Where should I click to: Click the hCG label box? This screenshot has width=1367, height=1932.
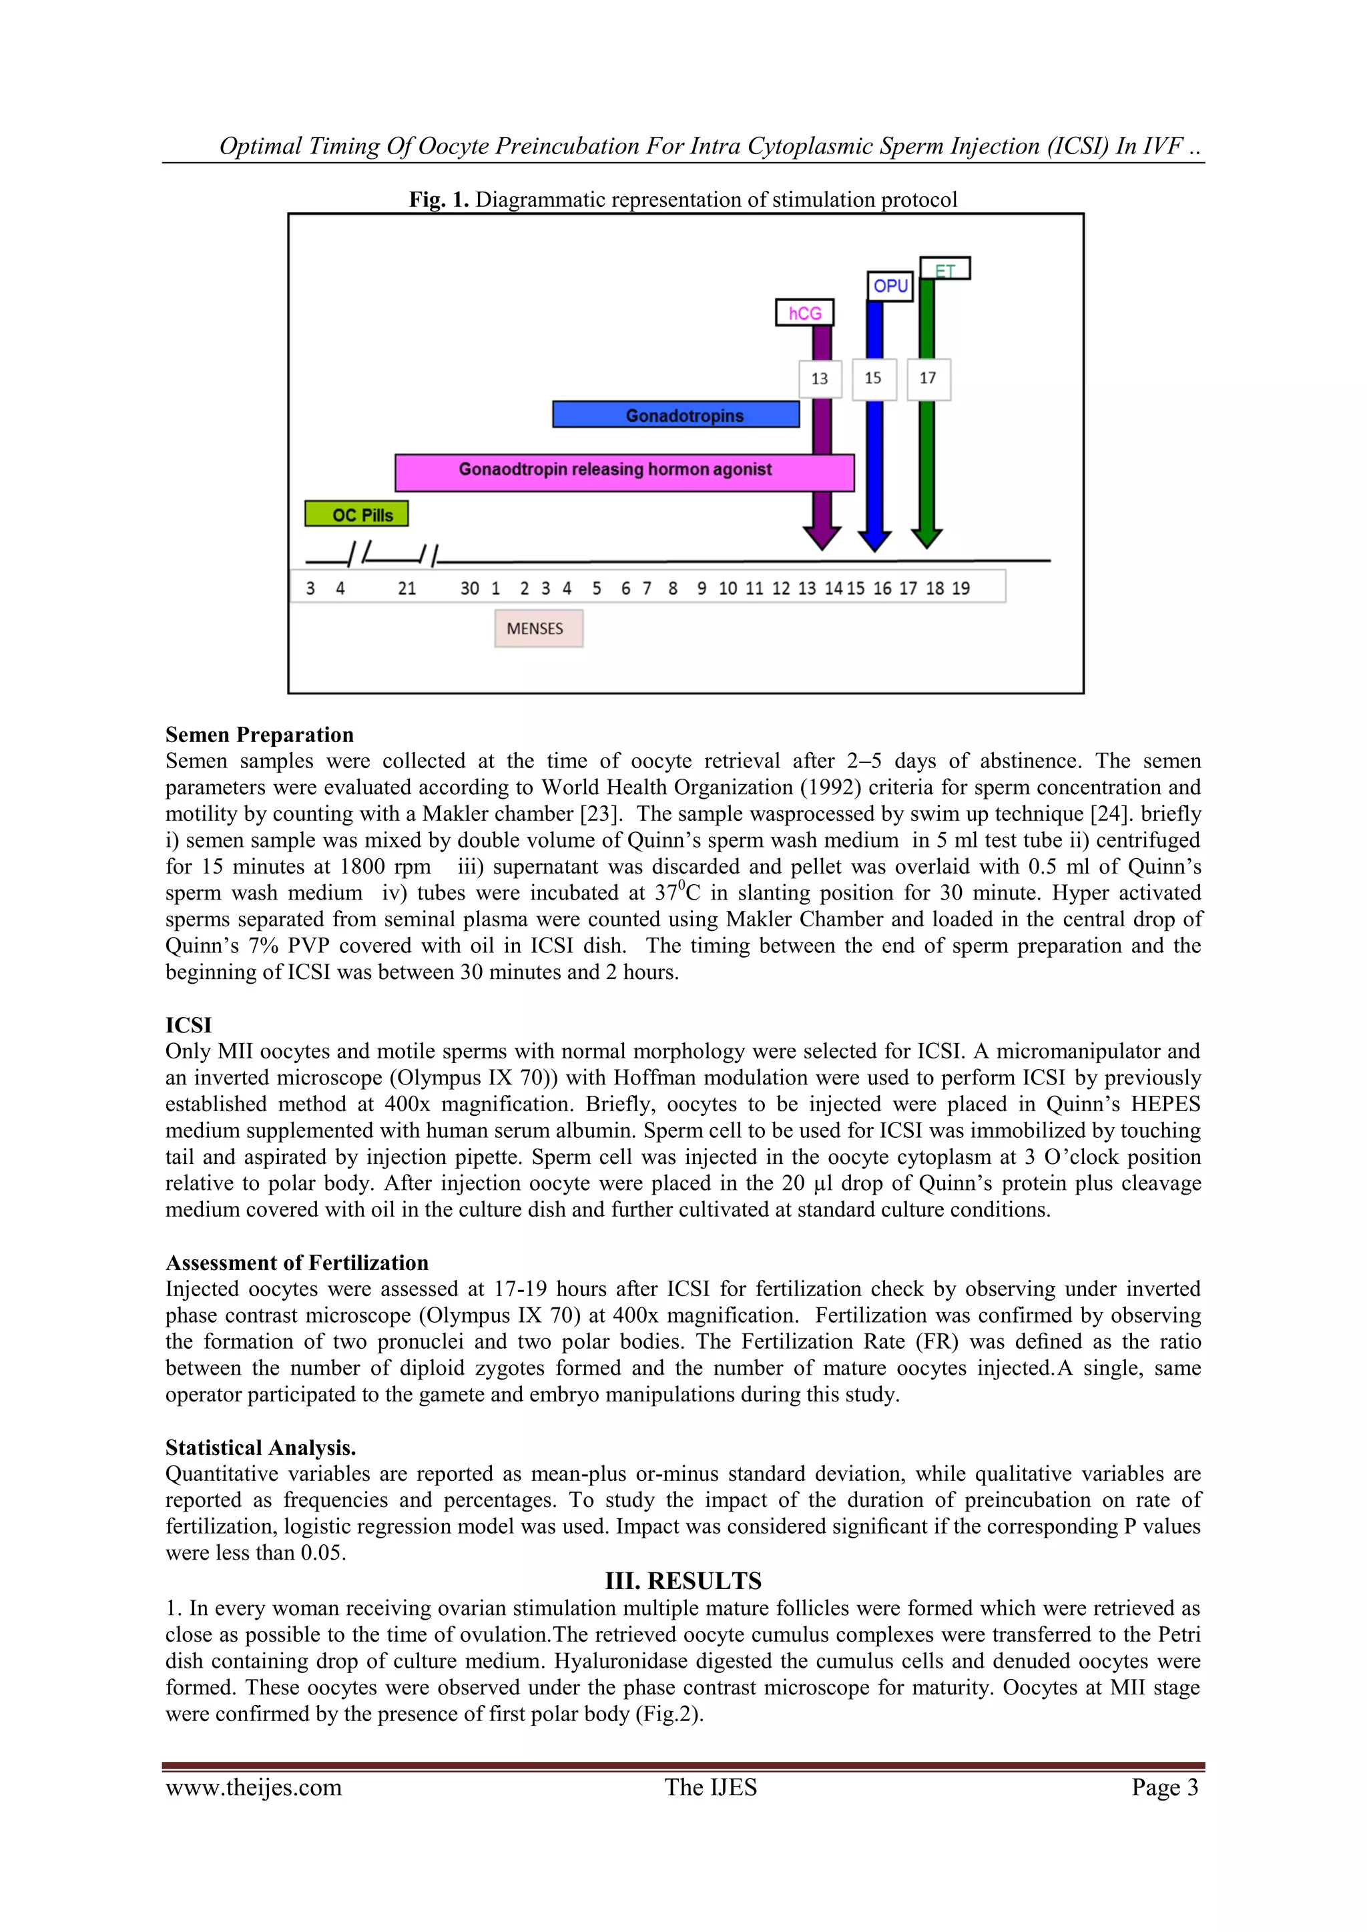[805, 313]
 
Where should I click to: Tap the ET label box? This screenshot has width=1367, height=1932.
[945, 269]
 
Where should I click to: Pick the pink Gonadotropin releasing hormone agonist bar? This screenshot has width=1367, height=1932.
[623, 472]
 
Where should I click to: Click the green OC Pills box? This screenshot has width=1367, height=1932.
[356, 514]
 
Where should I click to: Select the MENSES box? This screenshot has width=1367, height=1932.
[538, 629]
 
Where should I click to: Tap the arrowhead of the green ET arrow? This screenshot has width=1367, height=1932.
[926, 537]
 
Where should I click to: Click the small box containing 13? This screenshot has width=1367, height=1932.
[820, 378]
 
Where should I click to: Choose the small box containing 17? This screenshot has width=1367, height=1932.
[928, 378]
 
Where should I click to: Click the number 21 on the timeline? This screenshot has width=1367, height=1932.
[406, 588]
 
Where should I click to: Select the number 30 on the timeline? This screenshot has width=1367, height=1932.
[469, 588]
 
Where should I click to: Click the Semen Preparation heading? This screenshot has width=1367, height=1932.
[259, 735]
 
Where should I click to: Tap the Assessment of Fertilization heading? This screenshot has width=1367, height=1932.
[296, 1262]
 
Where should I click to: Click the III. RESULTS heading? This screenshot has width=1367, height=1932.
[683, 1580]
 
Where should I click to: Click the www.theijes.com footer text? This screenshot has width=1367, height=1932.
[254, 1787]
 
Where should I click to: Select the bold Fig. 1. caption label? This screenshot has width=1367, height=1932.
[439, 200]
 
